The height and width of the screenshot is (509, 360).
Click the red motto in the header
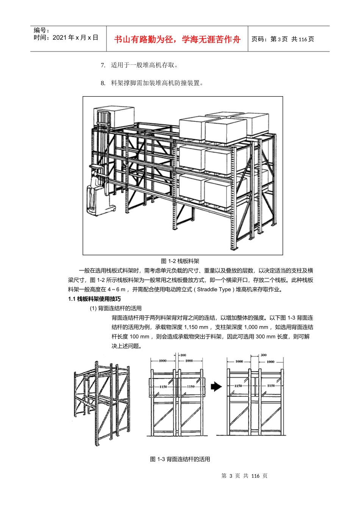click(177, 39)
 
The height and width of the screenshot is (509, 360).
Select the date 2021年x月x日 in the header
click(75, 37)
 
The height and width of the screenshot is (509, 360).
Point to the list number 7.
click(103, 65)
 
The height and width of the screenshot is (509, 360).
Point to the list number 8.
click(103, 83)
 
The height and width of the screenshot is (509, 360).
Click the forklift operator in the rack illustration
click(96, 182)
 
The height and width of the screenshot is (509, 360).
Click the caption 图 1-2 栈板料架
click(180, 261)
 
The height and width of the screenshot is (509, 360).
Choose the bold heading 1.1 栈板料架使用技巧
click(94, 299)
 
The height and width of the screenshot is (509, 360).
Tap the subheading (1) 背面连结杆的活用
click(116, 308)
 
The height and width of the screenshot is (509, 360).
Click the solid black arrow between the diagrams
click(216, 387)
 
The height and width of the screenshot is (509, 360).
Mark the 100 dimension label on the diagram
click(183, 355)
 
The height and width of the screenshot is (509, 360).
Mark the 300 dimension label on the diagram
click(263, 355)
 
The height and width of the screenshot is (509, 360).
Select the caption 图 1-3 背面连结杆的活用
click(180, 459)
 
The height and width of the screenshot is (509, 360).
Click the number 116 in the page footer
click(255, 476)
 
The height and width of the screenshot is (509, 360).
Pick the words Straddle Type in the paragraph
click(214, 290)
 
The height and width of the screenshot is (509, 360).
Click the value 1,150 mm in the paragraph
click(196, 327)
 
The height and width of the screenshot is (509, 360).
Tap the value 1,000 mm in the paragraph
click(256, 327)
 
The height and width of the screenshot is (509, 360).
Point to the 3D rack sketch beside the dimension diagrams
click(102, 401)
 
